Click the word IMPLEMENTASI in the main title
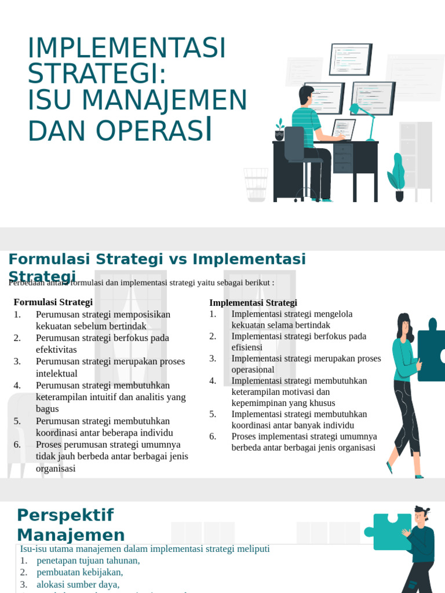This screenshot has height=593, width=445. [x=126, y=49]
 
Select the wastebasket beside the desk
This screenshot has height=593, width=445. [x=256, y=184]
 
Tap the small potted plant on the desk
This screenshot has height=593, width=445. [x=280, y=131]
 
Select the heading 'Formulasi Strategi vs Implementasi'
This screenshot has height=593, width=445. [x=157, y=259]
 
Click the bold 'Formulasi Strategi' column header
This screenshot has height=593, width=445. [x=53, y=302]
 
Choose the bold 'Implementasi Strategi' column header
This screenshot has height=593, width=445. [x=253, y=303]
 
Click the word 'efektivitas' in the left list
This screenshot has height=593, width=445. [x=56, y=350]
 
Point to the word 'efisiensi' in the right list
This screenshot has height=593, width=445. [x=247, y=347]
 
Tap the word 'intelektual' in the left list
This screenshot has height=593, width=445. [x=56, y=374]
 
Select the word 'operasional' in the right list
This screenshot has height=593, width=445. [x=253, y=369]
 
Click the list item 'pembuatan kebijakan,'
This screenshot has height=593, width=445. [x=80, y=572]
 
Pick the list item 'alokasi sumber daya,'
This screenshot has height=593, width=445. [x=78, y=584]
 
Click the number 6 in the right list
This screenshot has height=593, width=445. [x=213, y=436]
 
